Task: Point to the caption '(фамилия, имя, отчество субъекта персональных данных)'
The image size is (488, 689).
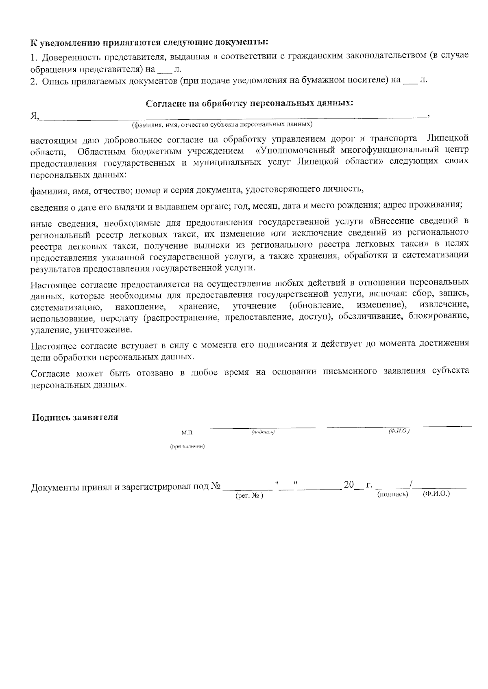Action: pyautogui.click(x=222, y=124)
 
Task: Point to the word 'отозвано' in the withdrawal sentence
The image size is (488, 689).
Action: pyautogui.click(x=155, y=372)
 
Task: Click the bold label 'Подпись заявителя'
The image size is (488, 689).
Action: pyautogui.click(x=75, y=417)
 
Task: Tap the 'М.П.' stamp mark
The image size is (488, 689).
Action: pyautogui.click(x=188, y=433)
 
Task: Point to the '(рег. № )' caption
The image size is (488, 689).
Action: pyautogui.click(x=249, y=496)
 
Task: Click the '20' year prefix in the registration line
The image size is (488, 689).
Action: pyautogui.click(x=349, y=485)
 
